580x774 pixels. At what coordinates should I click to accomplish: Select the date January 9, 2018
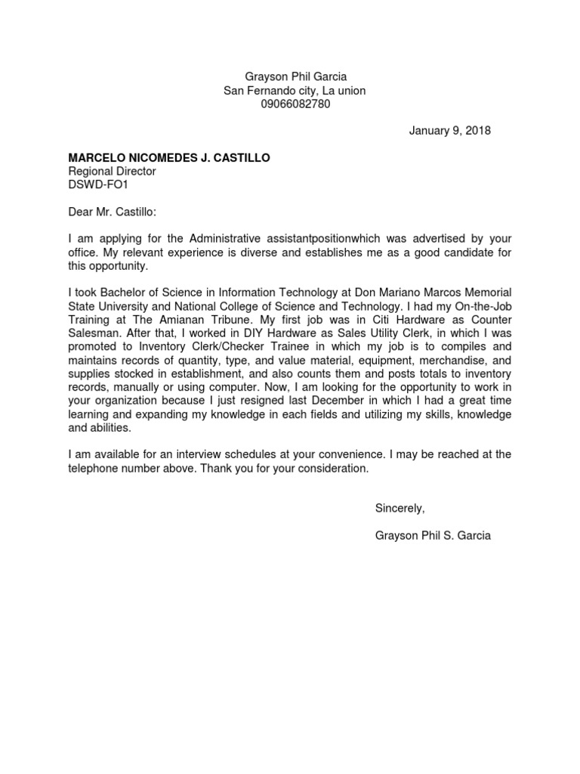(450, 131)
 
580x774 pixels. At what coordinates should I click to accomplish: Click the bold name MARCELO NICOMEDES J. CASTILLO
(169, 158)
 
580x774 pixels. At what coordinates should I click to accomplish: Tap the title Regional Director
(112, 172)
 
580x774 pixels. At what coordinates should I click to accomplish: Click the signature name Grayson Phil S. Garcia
(433, 536)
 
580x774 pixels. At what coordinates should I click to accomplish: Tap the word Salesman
(94, 333)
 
